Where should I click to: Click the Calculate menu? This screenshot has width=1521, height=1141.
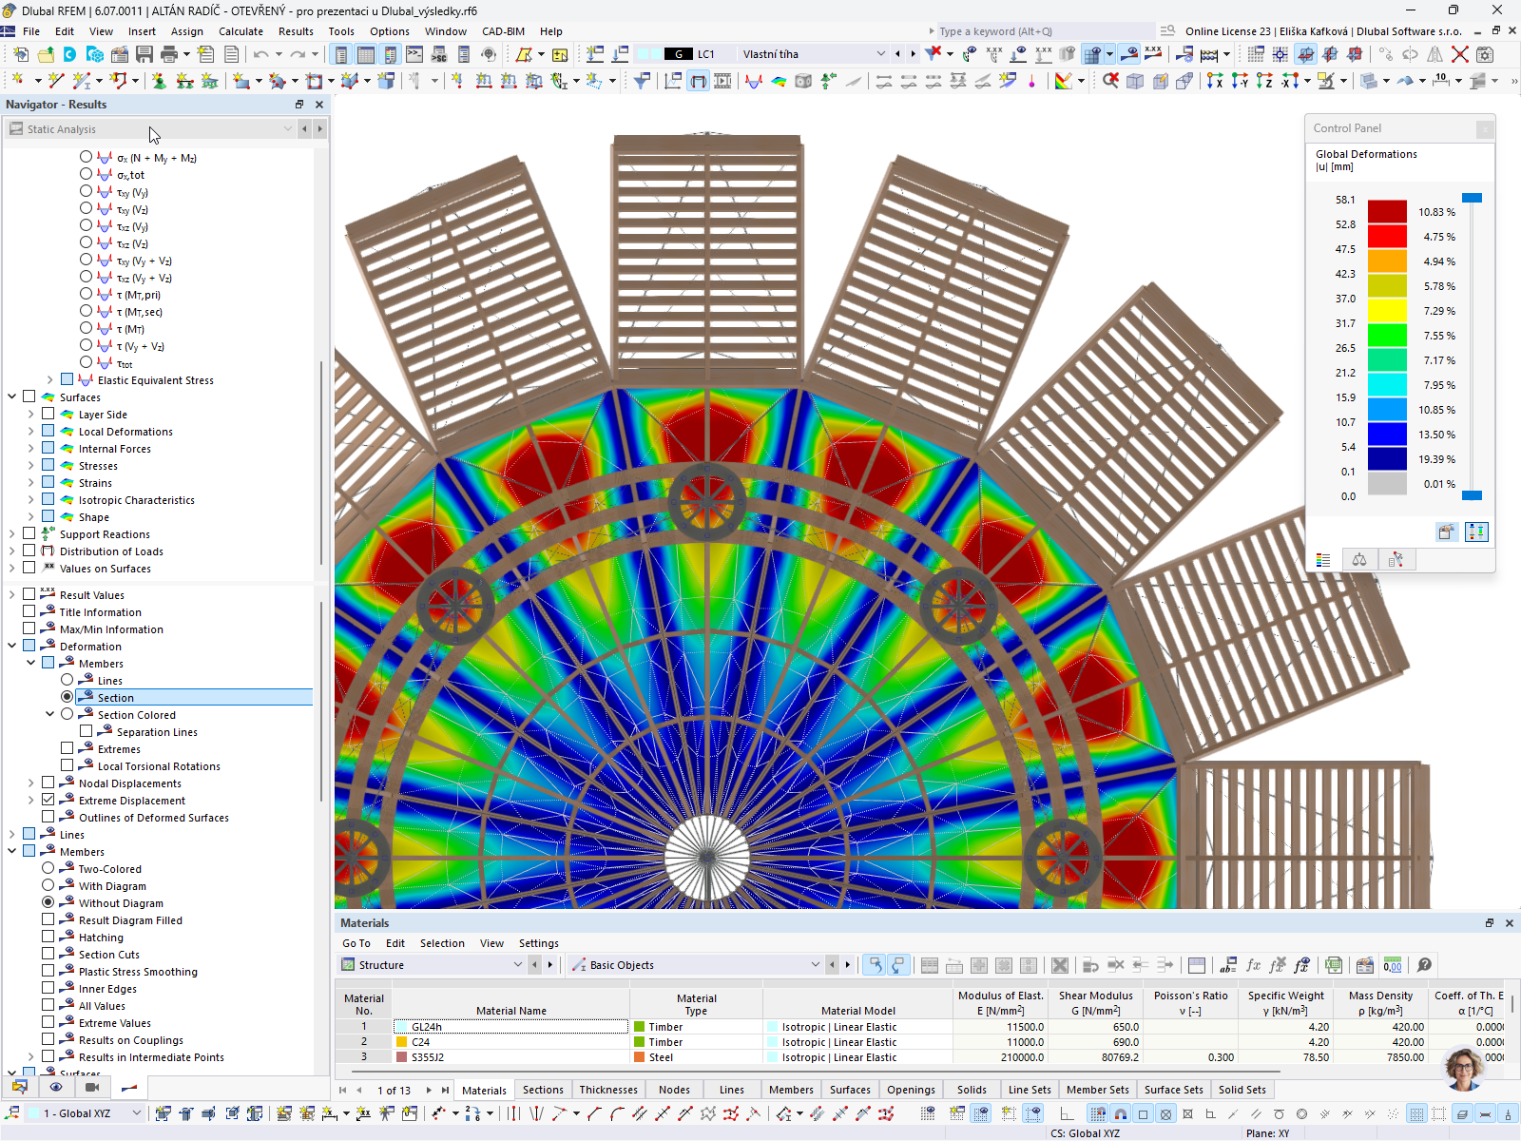tap(241, 31)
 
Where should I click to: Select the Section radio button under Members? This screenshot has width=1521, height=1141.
tap(67, 698)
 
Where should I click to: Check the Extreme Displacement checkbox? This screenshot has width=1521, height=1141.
tap(48, 801)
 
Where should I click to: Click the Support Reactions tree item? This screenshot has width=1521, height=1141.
tap(105, 534)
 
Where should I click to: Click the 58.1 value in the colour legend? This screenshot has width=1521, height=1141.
tap(1345, 200)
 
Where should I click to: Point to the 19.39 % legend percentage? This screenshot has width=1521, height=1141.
tap(1436, 459)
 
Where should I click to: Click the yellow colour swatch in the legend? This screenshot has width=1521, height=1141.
tap(1387, 310)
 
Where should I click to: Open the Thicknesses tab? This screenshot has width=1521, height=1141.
tap(608, 1090)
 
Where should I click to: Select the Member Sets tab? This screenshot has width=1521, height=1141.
tap(1097, 1090)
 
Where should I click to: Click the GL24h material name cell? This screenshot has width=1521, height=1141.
tap(510, 1027)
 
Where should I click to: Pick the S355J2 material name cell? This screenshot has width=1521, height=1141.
tap(510, 1057)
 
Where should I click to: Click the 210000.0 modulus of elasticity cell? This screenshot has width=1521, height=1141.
tap(1000, 1057)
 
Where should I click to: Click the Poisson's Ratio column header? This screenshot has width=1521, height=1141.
tap(1190, 1002)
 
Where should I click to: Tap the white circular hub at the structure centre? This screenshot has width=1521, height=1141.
tap(707, 858)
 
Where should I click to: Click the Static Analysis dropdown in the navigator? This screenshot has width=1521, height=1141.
tap(152, 128)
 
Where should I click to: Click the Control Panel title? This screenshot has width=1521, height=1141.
tap(1347, 128)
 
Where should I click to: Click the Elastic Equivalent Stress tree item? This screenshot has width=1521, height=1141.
tap(155, 380)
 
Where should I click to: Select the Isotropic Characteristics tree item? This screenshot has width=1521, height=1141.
tap(136, 500)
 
